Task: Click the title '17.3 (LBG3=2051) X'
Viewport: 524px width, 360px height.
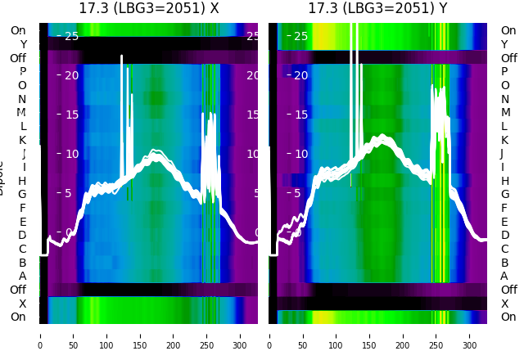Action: (x=148, y=9)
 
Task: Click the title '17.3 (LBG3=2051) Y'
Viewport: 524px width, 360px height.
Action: (x=377, y=9)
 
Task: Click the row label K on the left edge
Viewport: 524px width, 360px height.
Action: (x=23, y=140)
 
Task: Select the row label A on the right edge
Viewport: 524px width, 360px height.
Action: (x=504, y=276)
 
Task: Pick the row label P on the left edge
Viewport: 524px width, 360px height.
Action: (x=23, y=71)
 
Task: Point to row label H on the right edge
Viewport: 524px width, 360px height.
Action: (x=504, y=181)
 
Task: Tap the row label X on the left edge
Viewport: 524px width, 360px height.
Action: (x=23, y=304)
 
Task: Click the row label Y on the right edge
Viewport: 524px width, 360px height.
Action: (x=504, y=44)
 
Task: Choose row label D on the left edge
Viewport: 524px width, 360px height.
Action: (x=23, y=236)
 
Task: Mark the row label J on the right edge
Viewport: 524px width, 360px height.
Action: (x=502, y=153)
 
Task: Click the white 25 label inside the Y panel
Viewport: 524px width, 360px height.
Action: (x=300, y=36)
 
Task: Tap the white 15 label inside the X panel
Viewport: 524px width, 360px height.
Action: (x=71, y=115)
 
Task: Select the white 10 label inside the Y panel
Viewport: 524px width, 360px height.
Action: (x=300, y=154)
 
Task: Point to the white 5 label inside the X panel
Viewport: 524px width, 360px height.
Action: (x=69, y=193)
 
